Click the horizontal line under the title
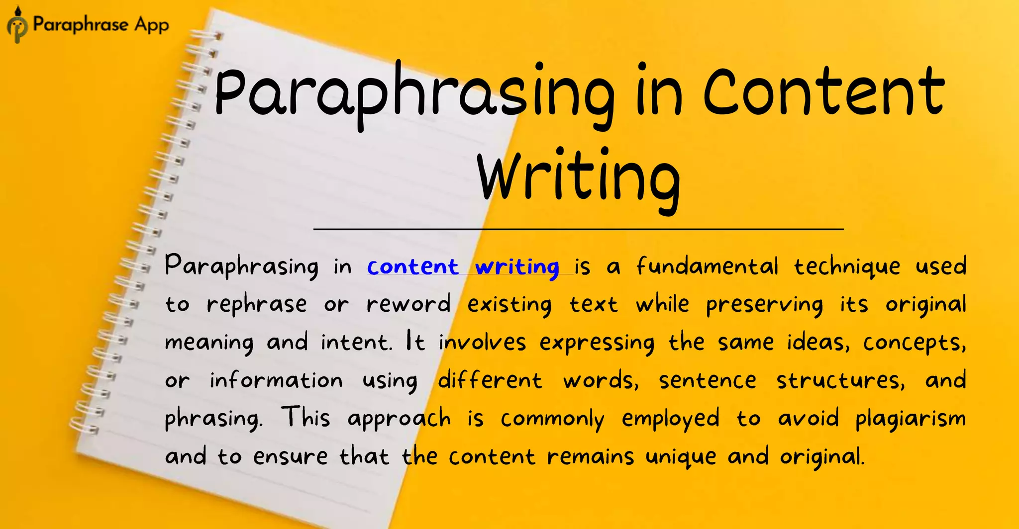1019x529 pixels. [578, 229]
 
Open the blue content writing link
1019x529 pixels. [463, 267]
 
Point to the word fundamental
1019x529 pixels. [707, 266]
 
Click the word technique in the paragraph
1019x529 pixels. [846, 267]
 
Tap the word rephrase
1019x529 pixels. [257, 304]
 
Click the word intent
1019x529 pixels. [356, 342]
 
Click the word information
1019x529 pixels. [276, 380]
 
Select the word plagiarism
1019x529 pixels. [911, 419]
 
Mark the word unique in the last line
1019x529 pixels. [681, 457]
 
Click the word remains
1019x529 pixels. [591, 456]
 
